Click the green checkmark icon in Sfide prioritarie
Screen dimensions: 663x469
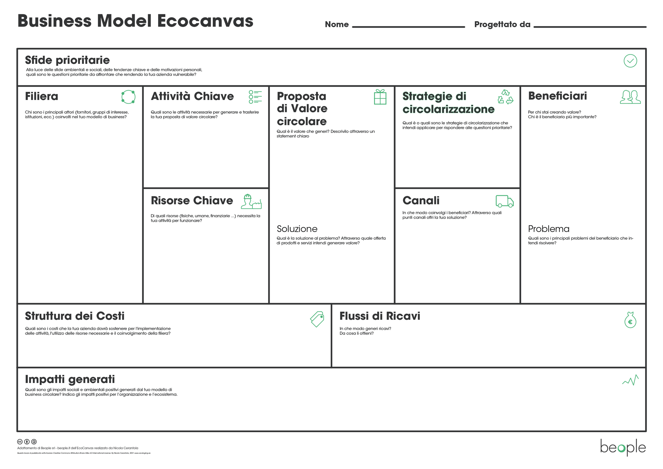(x=630, y=61)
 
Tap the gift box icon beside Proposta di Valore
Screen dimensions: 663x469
(x=380, y=97)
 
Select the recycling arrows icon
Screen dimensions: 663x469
(x=505, y=97)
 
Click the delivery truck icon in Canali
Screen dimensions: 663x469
(x=504, y=201)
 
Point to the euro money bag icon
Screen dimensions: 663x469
(x=630, y=320)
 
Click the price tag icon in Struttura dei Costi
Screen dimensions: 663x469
(x=317, y=319)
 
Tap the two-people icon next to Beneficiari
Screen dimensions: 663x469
(x=630, y=97)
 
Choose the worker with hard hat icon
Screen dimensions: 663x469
(x=251, y=202)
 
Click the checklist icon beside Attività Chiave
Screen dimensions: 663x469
(x=255, y=97)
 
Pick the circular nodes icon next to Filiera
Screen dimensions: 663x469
(x=128, y=97)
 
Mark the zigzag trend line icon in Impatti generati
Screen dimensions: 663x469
(x=630, y=380)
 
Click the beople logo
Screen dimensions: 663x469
(x=623, y=448)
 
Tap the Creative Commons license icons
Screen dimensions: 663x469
(x=27, y=442)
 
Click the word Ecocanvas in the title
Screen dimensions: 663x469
(x=205, y=21)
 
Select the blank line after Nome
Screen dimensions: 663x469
(x=408, y=26)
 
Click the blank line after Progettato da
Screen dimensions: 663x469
(x=590, y=26)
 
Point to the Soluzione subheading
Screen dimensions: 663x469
(x=297, y=229)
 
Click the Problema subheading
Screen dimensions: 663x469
(x=549, y=229)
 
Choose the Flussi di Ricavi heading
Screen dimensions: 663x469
(x=380, y=316)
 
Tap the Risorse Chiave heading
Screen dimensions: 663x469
(x=192, y=201)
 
